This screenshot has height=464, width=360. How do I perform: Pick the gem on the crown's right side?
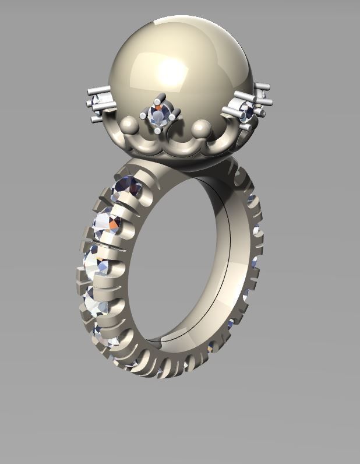point(248,111)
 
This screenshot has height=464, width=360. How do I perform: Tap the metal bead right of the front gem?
point(201,126)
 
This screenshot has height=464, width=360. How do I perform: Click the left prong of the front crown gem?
point(143,115)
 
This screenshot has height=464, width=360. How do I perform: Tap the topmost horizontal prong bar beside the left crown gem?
point(98,90)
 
